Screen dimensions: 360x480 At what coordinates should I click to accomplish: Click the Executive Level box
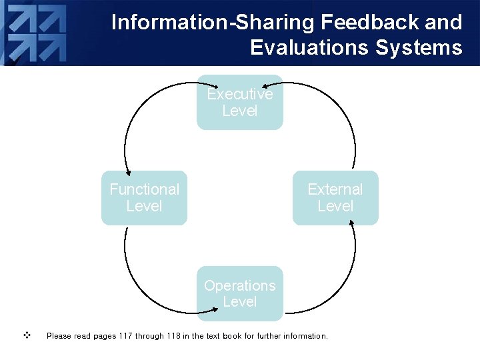(239, 103)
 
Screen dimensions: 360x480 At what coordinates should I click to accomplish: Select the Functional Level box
(144, 198)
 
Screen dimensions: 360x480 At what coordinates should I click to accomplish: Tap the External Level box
(335, 198)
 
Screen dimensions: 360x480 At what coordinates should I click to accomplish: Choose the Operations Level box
(239, 293)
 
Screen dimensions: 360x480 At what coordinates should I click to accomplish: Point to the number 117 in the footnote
(125, 336)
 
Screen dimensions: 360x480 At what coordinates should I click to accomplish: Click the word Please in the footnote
(59, 336)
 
